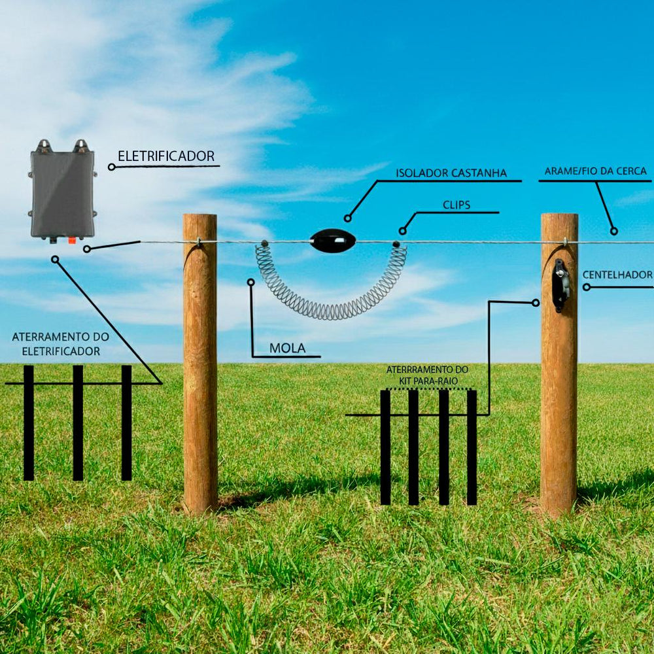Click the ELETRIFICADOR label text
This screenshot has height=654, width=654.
[166, 156]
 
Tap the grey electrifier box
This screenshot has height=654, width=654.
[62, 193]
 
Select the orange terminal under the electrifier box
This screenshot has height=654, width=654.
[71, 240]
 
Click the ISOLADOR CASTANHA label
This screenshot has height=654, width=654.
[451, 173]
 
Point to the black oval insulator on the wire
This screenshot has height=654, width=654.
[333, 241]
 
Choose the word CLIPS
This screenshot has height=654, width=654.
[456, 205]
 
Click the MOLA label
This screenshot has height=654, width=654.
[287, 348]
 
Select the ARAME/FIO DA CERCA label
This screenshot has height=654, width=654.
[595, 171]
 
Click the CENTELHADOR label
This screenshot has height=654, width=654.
[617, 275]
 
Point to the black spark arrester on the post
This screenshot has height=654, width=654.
[560, 285]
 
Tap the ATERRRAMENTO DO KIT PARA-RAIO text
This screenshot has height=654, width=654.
[427, 375]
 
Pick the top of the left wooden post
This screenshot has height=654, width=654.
[199, 218]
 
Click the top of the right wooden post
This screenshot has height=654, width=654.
[559, 217]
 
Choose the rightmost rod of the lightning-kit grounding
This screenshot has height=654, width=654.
[472, 447]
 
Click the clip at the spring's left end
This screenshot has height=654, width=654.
[264, 244]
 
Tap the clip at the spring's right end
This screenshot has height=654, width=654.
[396, 245]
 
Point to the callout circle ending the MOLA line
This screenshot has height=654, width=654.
[250, 282]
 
